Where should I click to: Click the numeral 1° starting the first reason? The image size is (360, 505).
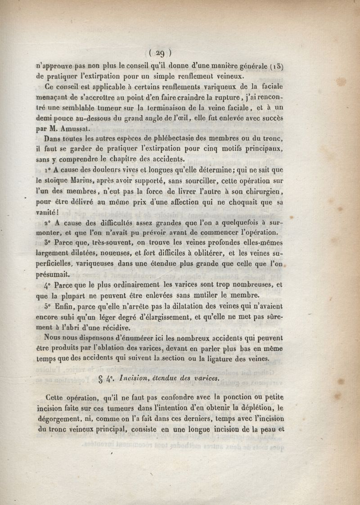click(x=49, y=170)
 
